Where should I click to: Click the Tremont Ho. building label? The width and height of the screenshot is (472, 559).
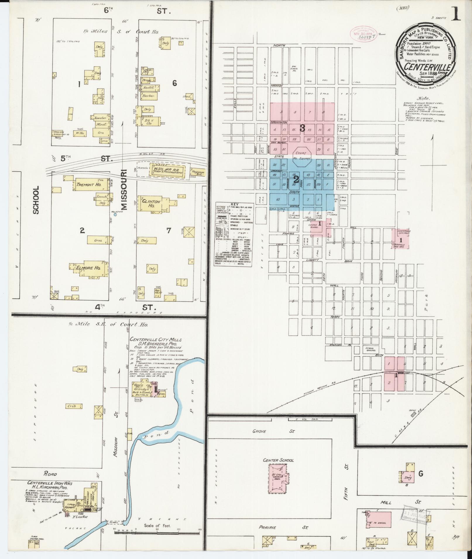[x=85, y=185]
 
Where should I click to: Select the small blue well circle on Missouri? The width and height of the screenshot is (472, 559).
[x=115, y=214]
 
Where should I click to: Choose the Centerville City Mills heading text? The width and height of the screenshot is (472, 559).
[x=156, y=340]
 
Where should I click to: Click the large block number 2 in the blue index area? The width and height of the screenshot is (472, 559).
[x=296, y=179]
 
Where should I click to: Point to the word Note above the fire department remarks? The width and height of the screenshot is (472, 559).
[x=424, y=98]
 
